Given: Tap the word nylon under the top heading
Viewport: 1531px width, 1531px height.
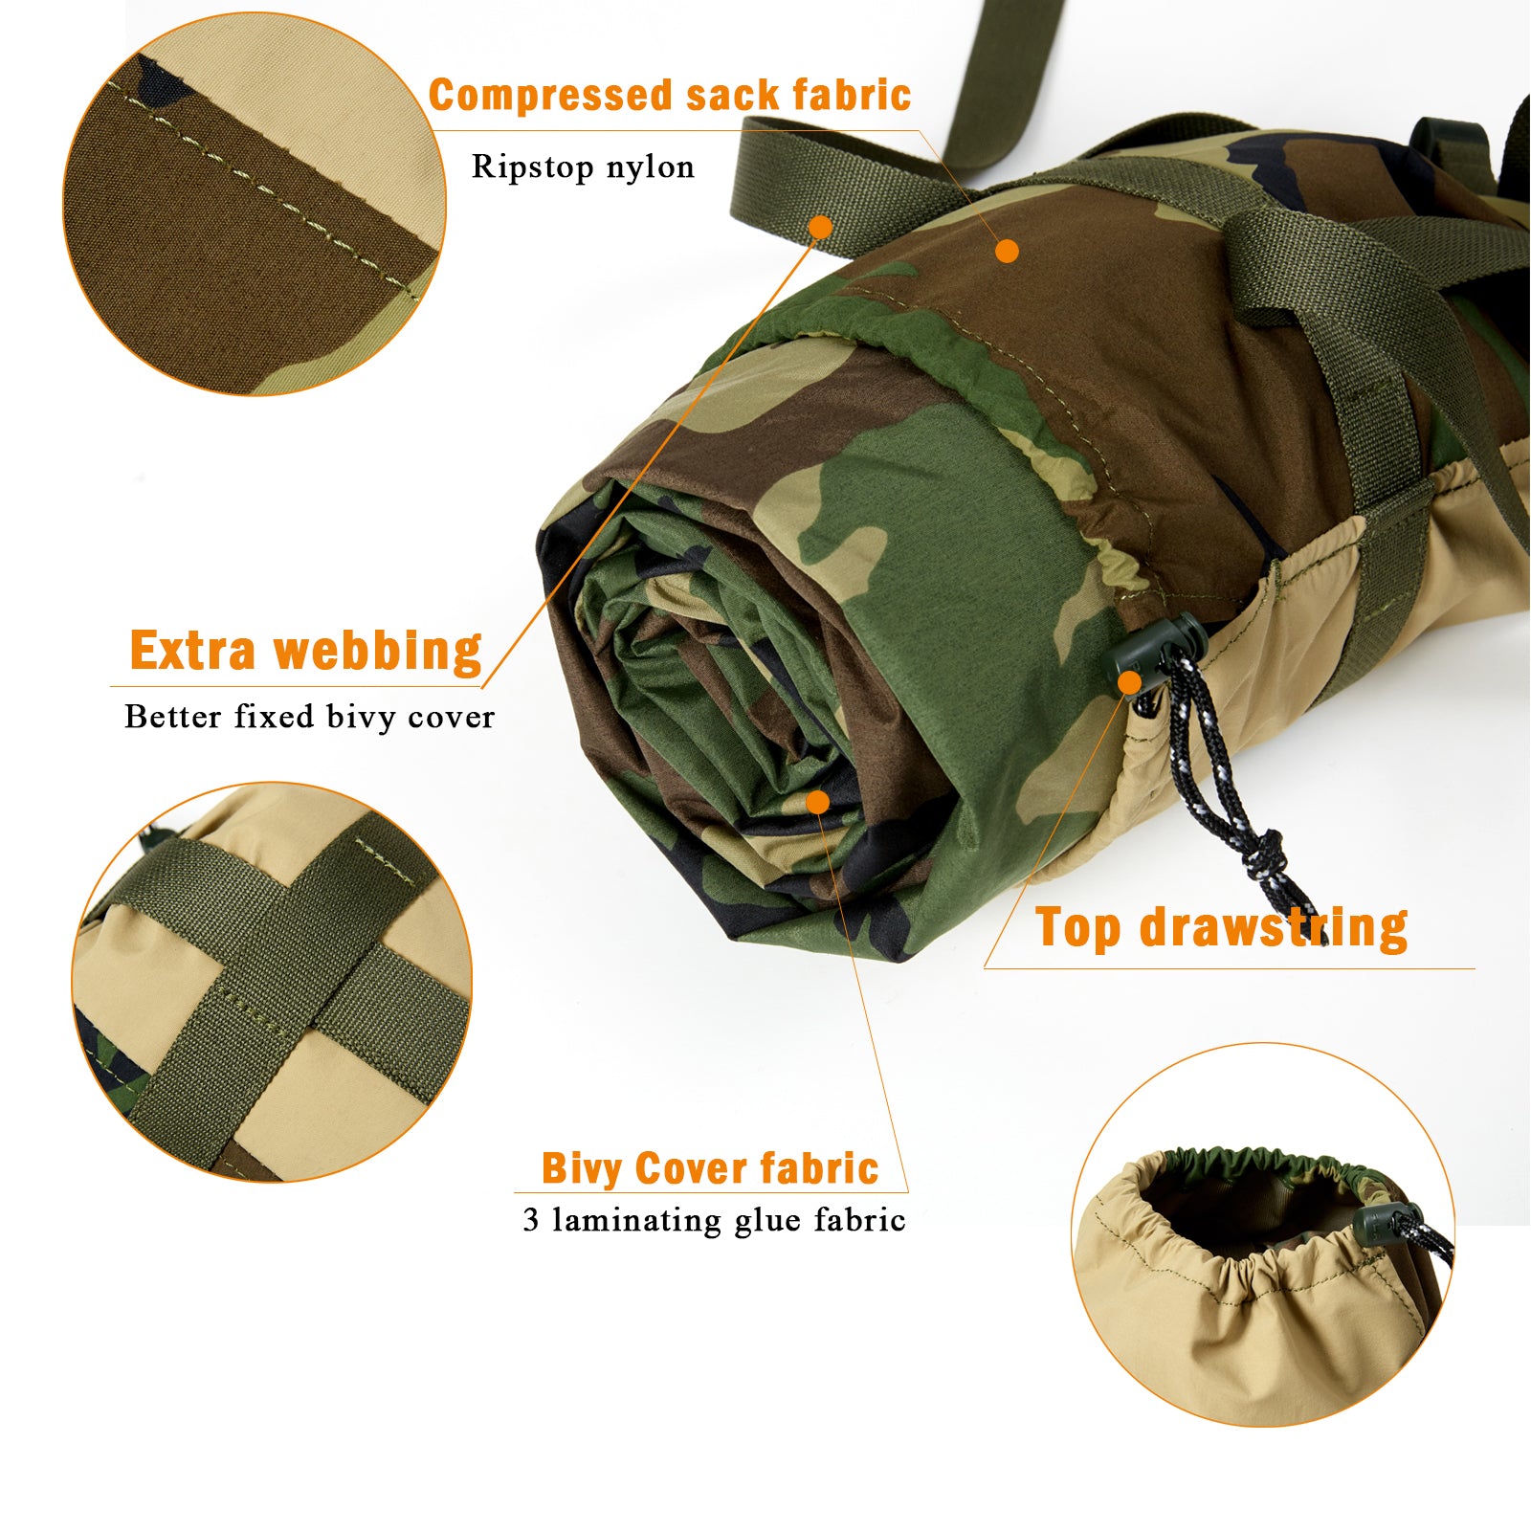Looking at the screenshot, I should click(650, 167).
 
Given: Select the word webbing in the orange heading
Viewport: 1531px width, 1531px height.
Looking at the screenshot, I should click(378, 652).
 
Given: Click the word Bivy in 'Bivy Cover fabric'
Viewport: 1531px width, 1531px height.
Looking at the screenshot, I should click(582, 1169).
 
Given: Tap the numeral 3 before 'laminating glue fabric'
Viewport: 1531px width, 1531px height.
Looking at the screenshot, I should click(530, 1220).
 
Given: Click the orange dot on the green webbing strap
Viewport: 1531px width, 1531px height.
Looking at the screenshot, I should click(820, 227).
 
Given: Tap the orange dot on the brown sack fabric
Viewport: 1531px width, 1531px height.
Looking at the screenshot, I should click(1007, 251).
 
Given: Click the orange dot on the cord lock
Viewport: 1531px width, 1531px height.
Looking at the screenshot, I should click(1130, 682).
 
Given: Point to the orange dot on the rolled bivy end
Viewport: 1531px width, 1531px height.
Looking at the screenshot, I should click(817, 801).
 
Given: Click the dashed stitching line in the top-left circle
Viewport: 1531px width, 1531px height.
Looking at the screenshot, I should click(268, 191).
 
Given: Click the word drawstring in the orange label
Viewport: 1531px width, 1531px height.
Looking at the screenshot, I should click(1273, 928).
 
